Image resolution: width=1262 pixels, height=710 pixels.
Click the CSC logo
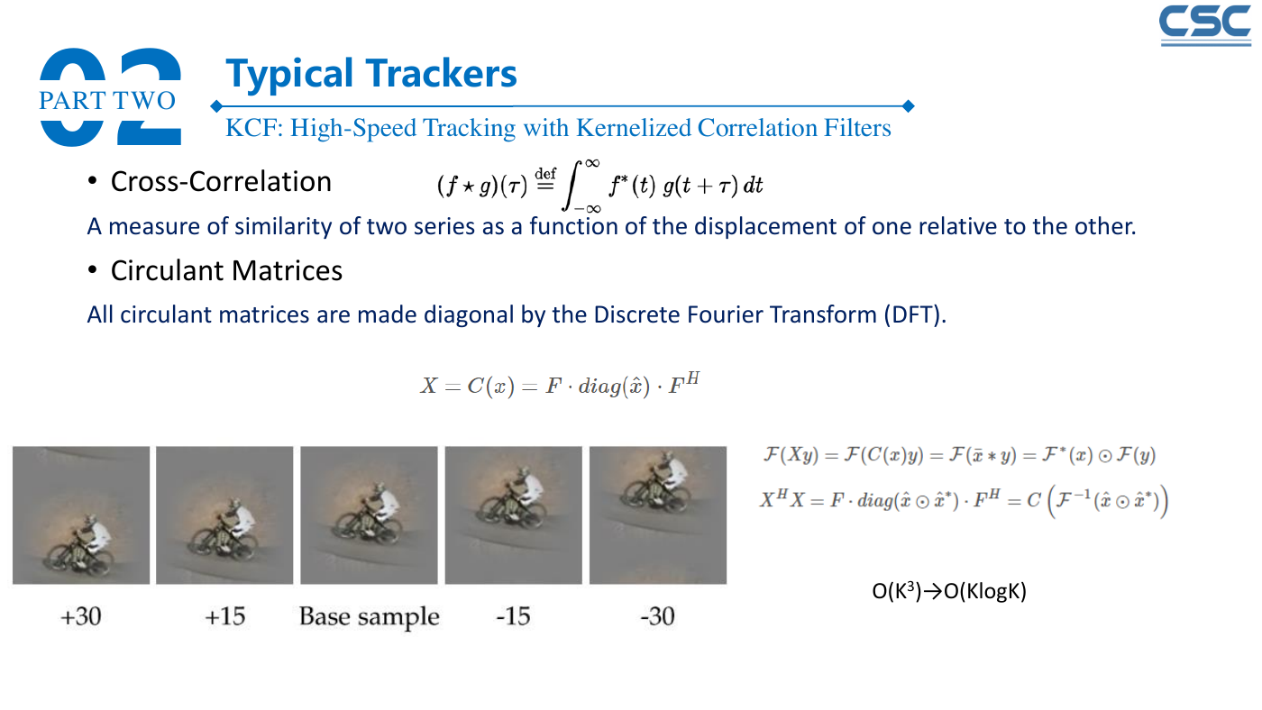click(x=1205, y=25)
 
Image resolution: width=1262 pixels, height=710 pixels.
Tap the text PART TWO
click(x=107, y=100)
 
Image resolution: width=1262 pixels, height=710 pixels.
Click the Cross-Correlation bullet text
click(x=221, y=182)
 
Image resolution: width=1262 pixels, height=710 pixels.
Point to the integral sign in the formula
click(x=572, y=186)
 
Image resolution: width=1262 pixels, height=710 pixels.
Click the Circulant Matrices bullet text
click(x=226, y=271)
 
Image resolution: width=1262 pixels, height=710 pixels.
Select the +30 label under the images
click(x=81, y=616)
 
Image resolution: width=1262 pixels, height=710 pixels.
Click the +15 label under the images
click(x=224, y=616)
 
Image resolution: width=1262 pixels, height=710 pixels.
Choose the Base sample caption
click(x=369, y=616)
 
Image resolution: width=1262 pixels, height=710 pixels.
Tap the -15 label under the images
click(x=513, y=616)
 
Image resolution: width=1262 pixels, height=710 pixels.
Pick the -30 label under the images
click(x=657, y=616)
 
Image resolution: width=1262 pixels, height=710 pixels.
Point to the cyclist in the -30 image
click(x=657, y=481)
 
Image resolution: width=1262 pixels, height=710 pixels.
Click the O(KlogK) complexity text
click(x=985, y=591)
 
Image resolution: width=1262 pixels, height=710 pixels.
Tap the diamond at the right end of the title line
click(x=909, y=105)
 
